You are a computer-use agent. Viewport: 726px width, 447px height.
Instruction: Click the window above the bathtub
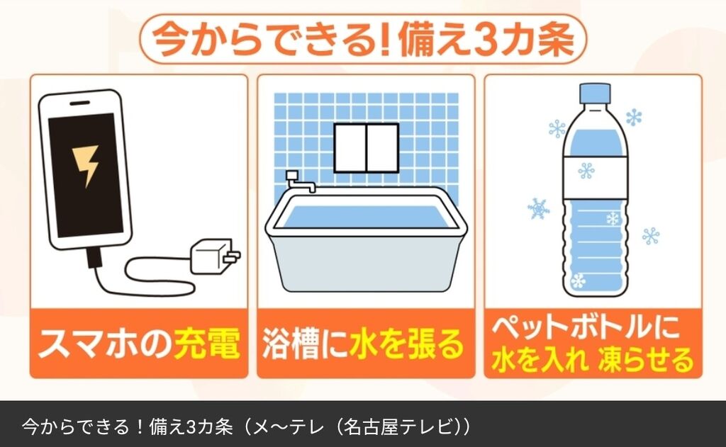click(367, 148)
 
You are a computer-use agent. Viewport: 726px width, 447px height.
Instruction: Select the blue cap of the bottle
click(595, 94)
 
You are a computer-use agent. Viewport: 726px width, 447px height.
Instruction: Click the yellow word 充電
click(207, 344)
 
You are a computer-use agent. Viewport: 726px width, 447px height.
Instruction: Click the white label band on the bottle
click(596, 178)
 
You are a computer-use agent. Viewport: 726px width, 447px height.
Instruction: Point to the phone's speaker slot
click(80, 103)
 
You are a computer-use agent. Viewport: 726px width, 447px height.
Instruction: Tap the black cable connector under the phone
click(94, 257)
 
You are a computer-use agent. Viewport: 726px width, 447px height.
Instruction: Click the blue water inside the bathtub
click(365, 215)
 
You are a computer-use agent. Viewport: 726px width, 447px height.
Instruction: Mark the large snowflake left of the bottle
click(539, 209)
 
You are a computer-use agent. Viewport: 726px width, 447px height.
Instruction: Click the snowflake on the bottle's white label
click(586, 171)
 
